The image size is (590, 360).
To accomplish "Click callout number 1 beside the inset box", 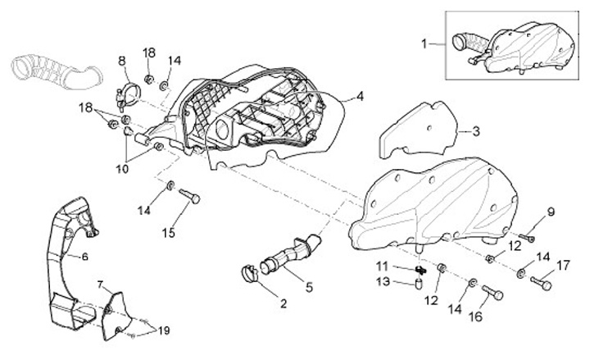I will [x=424, y=43].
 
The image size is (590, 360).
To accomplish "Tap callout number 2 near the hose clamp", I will [x=284, y=303].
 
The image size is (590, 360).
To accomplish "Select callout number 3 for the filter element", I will [x=476, y=130].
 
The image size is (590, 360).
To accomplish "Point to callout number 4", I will [x=359, y=97].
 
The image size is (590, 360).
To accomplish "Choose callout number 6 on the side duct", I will [x=84, y=256].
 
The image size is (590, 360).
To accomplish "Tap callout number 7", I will [x=100, y=285].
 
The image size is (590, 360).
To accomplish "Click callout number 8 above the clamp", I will [x=121, y=61].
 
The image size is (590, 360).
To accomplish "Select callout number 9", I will [x=550, y=212].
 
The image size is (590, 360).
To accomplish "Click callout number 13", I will [x=383, y=282].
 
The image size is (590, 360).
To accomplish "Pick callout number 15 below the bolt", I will [x=168, y=233].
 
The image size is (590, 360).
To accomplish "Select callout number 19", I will [x=164, y=330].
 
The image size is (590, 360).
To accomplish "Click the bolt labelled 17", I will [x=540, y=284].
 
